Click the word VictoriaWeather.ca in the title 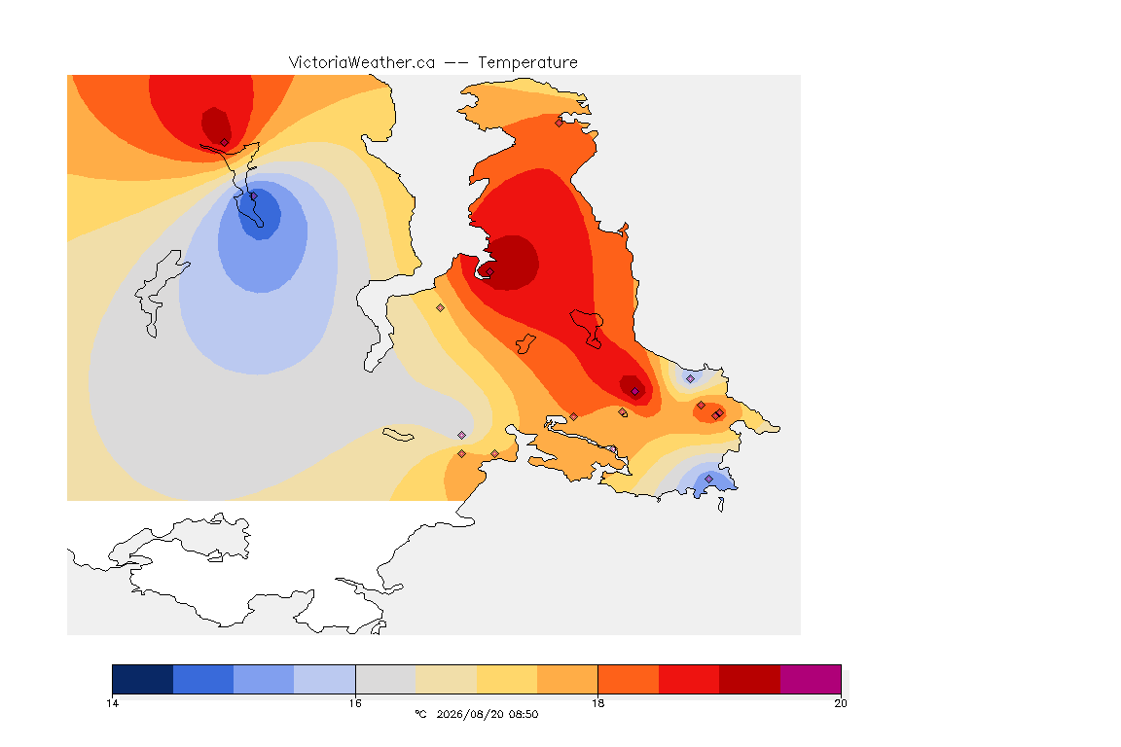(362, 63)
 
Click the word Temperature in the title (527, 63)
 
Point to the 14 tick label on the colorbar (112, 703)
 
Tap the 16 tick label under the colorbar (355, 703)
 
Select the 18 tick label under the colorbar (597, 703)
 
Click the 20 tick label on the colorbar (841, 703)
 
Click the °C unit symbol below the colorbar (421, 714)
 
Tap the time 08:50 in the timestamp (524, 714)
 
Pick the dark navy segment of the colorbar (143, 679)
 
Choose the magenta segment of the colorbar (811, 679)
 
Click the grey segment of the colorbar (385, 679)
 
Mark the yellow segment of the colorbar (507, 679)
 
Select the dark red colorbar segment (750, 679)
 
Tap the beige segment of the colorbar (446, 679)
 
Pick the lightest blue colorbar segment (325, 679)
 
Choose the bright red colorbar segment (689, 679)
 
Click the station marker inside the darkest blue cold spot (253, 196)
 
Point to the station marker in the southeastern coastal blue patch (708, 479)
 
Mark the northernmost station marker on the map (560, 123)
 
